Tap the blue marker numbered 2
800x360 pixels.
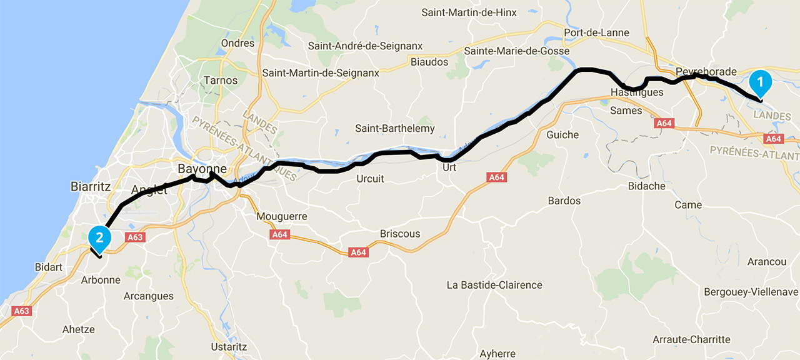click(99, 237)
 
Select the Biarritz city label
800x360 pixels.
click(91, 186)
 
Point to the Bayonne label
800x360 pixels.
click(202, 169)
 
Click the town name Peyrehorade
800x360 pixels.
click(706, 72)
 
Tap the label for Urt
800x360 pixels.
click(449, 167)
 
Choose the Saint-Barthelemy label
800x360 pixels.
click(395, 129)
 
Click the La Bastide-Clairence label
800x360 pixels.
click(494, 285)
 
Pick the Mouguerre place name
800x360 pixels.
click(282, 217)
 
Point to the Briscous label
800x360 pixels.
click(400, 234)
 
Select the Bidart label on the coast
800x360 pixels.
click(49, 267)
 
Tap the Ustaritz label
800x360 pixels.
click(229, 347)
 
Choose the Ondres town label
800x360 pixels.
click(238, 43)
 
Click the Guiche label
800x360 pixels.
click(562, 135)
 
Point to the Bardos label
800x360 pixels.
click(564, 201)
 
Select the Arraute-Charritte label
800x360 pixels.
click(691, 339)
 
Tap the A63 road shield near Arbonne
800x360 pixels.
click(135, 237)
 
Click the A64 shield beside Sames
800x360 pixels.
click(664, 124)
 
